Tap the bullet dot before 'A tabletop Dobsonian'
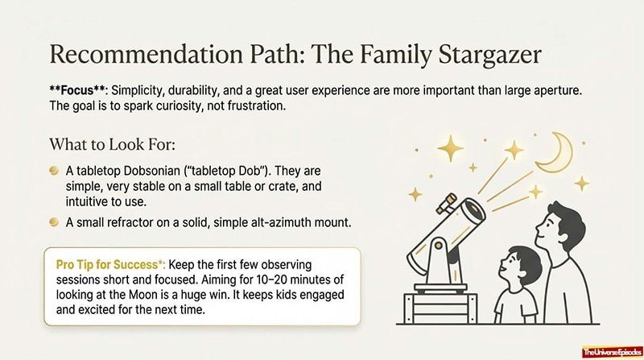[x=53, y=172]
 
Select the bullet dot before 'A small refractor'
[x=53, y=221]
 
